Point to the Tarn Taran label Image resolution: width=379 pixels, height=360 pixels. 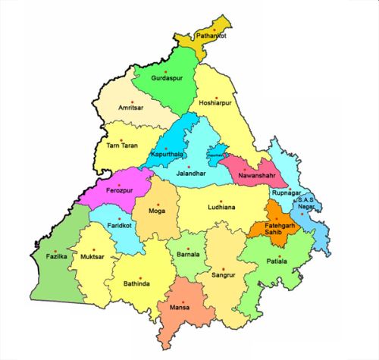122,144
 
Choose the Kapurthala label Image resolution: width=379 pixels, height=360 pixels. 168,155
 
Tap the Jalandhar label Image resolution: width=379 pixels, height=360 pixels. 192,174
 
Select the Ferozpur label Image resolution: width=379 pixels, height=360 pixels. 122,187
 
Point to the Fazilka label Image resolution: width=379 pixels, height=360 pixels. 58,257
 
